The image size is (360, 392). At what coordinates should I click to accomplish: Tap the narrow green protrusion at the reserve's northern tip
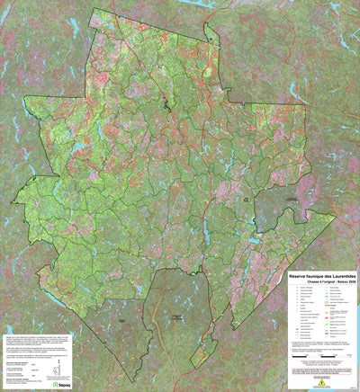(211, 32)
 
